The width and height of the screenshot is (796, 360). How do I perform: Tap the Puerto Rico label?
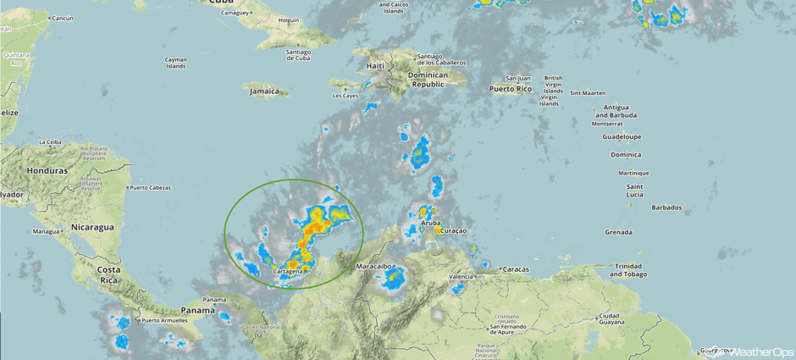[x=510, y=89]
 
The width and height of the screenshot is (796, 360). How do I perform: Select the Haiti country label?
[x=374, y=66]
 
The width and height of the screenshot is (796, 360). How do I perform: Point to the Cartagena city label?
[x=288, y=272]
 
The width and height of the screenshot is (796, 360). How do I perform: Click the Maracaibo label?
[x=373, y=266]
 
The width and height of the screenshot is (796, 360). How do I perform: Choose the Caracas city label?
[x=515, y=269]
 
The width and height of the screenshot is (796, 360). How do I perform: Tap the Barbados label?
[x=666, y=208]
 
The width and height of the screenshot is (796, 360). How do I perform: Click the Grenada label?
[x=618, y=232]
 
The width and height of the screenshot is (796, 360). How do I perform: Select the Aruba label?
[x=430, y=223]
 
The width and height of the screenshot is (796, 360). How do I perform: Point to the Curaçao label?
[x=454, y=231]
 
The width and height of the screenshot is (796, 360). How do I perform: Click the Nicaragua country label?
[x=92, y=227]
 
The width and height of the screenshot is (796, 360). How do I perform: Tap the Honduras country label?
[x=47, y=170]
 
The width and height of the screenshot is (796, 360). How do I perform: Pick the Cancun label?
[x=62, y=18]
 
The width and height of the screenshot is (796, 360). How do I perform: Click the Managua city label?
[x=45, y=231]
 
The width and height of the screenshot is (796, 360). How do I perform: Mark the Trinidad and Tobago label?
[x=627, y=269]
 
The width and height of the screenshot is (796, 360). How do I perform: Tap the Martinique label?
[x=633, y=173]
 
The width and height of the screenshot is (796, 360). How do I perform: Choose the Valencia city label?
[x=461, y=276]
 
